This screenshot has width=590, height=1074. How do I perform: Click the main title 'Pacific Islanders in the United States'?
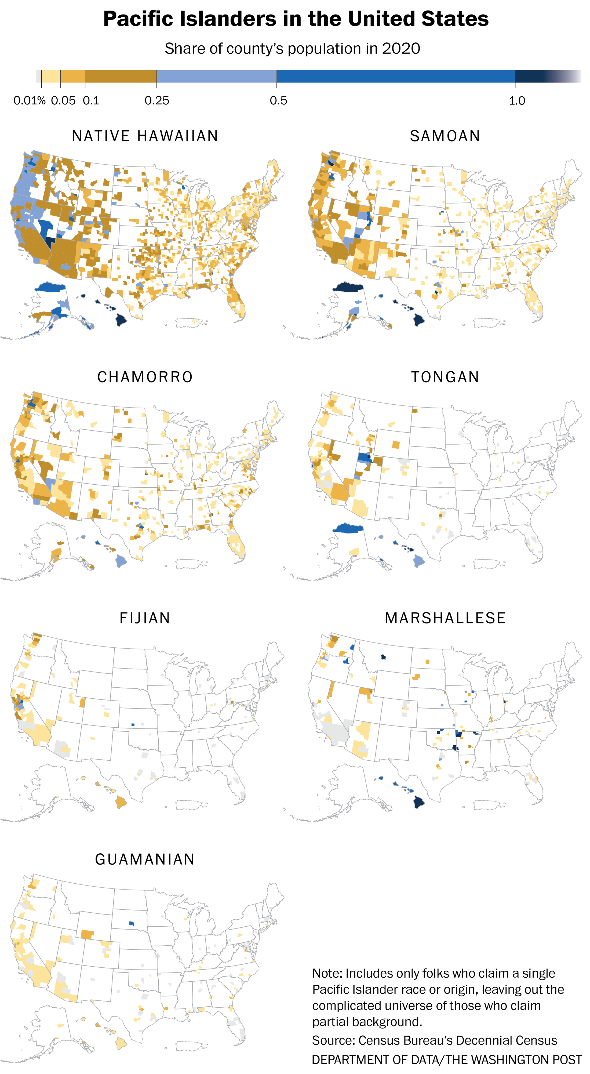(296, 19)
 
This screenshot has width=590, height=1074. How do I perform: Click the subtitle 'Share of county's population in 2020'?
(292, 49)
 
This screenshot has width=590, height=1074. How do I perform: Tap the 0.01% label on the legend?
(29, 100)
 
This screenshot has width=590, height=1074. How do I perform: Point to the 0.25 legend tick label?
(157, 100)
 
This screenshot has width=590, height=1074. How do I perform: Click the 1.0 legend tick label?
(517, 100)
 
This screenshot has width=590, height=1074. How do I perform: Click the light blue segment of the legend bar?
(216, 76)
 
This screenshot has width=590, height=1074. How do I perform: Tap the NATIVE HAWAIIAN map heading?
(145, 136)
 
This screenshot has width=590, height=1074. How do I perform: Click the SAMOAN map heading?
(445, 136)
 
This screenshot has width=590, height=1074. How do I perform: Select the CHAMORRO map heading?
(145, 377)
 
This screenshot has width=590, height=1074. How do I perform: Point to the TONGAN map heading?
(445, 377)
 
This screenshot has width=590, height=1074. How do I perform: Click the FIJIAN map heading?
(145, 618)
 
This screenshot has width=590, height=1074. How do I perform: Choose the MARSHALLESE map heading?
(445, 618)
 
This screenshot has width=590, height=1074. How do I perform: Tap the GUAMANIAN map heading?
(145, 859)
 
